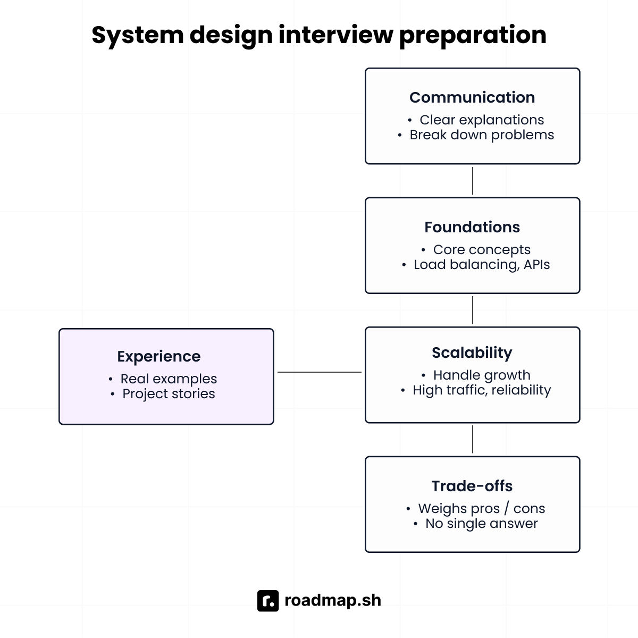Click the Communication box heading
(x=472, y=97)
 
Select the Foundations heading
(x=472, y=227)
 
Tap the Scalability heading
(x=472, y=352)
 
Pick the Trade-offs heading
(x=472, y=486)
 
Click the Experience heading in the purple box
(x=159, y=356)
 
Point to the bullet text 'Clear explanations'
(x=482, y=120)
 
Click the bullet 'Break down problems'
(x=482, y=135)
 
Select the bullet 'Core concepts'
(x=482, y=250)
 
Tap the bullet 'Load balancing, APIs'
(x=482, y=265)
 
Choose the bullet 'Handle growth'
(x=482, y=375)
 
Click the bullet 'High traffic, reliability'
(x=482, y=390)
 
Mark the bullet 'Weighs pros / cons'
(x=482, y=509)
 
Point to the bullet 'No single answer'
(x=482, y=524)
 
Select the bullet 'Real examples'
(x=169, y=379)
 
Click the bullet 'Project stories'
(x=169, y=394)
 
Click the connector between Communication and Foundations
(x=473, y=181)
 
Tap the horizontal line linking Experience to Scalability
(x=319, y=372)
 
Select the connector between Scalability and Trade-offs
(x=473, y=439)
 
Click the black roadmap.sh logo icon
(x=268, y=601)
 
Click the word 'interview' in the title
(x=336, y=35)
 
